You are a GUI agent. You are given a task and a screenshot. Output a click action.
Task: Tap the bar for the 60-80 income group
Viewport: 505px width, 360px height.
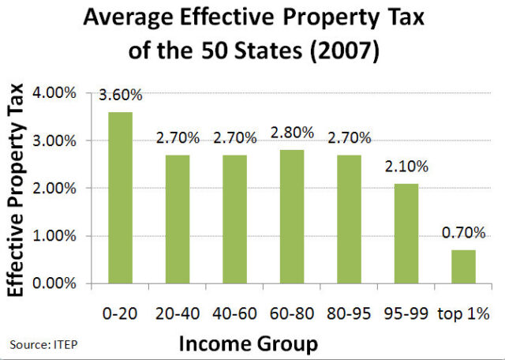point(292,216)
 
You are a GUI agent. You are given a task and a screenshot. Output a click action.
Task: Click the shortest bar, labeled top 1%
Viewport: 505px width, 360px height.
point(463,266)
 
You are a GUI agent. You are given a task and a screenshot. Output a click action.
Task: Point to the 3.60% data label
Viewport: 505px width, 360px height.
point(121,96)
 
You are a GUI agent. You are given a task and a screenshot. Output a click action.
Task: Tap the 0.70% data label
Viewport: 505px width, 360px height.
point(463,234)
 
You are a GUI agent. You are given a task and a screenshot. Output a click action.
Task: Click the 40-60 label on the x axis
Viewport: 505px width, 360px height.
point(234,313)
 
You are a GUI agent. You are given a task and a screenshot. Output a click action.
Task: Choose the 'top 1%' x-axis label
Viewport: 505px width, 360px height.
point(465,313)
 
